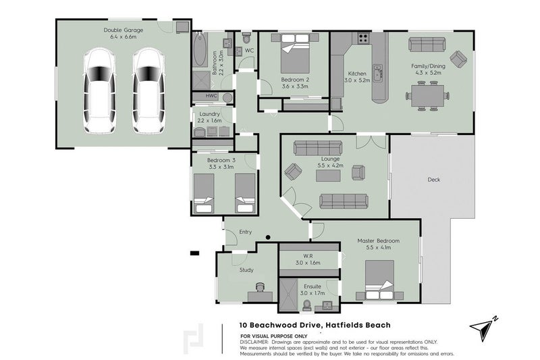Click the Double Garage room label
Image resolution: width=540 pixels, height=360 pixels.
(x=123, y=30)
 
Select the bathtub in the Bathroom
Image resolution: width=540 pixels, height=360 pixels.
(x=199, y=49)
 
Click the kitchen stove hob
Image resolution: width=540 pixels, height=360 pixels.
(x=363, y=38)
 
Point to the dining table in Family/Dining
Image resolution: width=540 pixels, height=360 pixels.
(x=427, y=96)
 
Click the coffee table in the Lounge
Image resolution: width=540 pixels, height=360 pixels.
(x=328, y=176)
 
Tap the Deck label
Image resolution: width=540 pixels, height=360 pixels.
(x=433, y=180)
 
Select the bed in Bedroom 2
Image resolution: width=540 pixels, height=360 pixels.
(x=295, y=53)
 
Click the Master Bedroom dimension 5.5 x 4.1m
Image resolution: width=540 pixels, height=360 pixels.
(x=379, y=247)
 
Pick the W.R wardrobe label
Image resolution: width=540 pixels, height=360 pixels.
(x=308, y=256)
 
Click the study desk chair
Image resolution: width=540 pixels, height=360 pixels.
(x=260, y=287)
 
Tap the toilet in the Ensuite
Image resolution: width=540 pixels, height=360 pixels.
(x=306, y=305)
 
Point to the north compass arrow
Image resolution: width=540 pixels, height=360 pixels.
(x=481, y=328)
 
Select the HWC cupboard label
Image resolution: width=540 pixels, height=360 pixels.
(x=211, y=96)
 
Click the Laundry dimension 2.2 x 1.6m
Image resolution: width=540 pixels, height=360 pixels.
(x=209, y=121)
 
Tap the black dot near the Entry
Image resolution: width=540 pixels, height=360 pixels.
(x=268, y=237)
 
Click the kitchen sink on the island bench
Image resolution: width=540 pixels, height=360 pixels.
(x=379, y=73)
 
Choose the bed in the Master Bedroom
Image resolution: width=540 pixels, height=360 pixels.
(x=379, y=280)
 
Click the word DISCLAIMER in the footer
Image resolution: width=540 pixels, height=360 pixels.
(x=254, y=342)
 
